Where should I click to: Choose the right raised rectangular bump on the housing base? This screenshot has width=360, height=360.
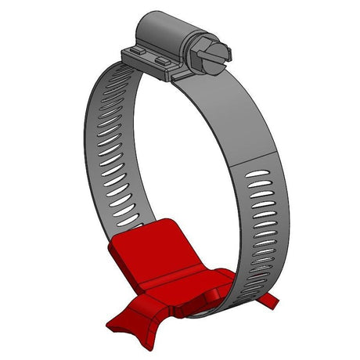pos(162,59)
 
